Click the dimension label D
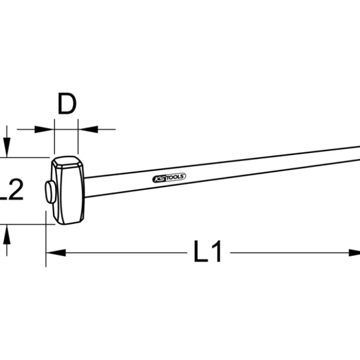(67, 104)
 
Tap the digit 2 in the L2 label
(14, 189)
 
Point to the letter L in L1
(200, 251)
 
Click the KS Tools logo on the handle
(169, 178)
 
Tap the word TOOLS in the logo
(175, 177)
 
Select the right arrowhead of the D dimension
(88, 129)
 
